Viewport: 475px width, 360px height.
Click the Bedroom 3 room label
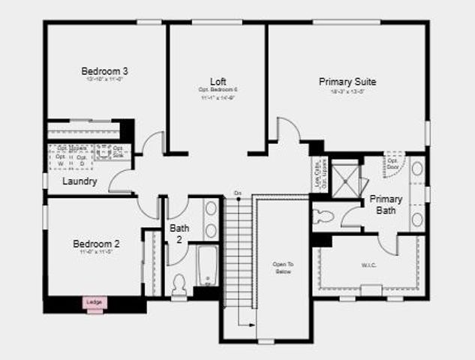(x=105, y=71)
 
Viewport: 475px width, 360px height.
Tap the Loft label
(x=218, y=81)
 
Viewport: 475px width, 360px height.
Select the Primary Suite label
(x=347, y=81)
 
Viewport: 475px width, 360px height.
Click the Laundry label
(x=80, y=181)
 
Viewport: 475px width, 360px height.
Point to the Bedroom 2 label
(x=96, y=244)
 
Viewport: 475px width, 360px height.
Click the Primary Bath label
(x=386, y=205)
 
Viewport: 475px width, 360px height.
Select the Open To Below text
(x=283, y=268)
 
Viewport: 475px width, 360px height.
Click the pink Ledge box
(x=95, y=302)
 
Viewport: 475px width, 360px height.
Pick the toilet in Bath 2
(x=179, y=283)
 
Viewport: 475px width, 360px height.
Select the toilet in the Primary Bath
(x=323, y=217)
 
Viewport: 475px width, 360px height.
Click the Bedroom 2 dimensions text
(x=95, y=253)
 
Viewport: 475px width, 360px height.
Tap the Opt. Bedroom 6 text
(x=218, y=89)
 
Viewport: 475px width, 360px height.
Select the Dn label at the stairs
(x=237, y=194)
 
